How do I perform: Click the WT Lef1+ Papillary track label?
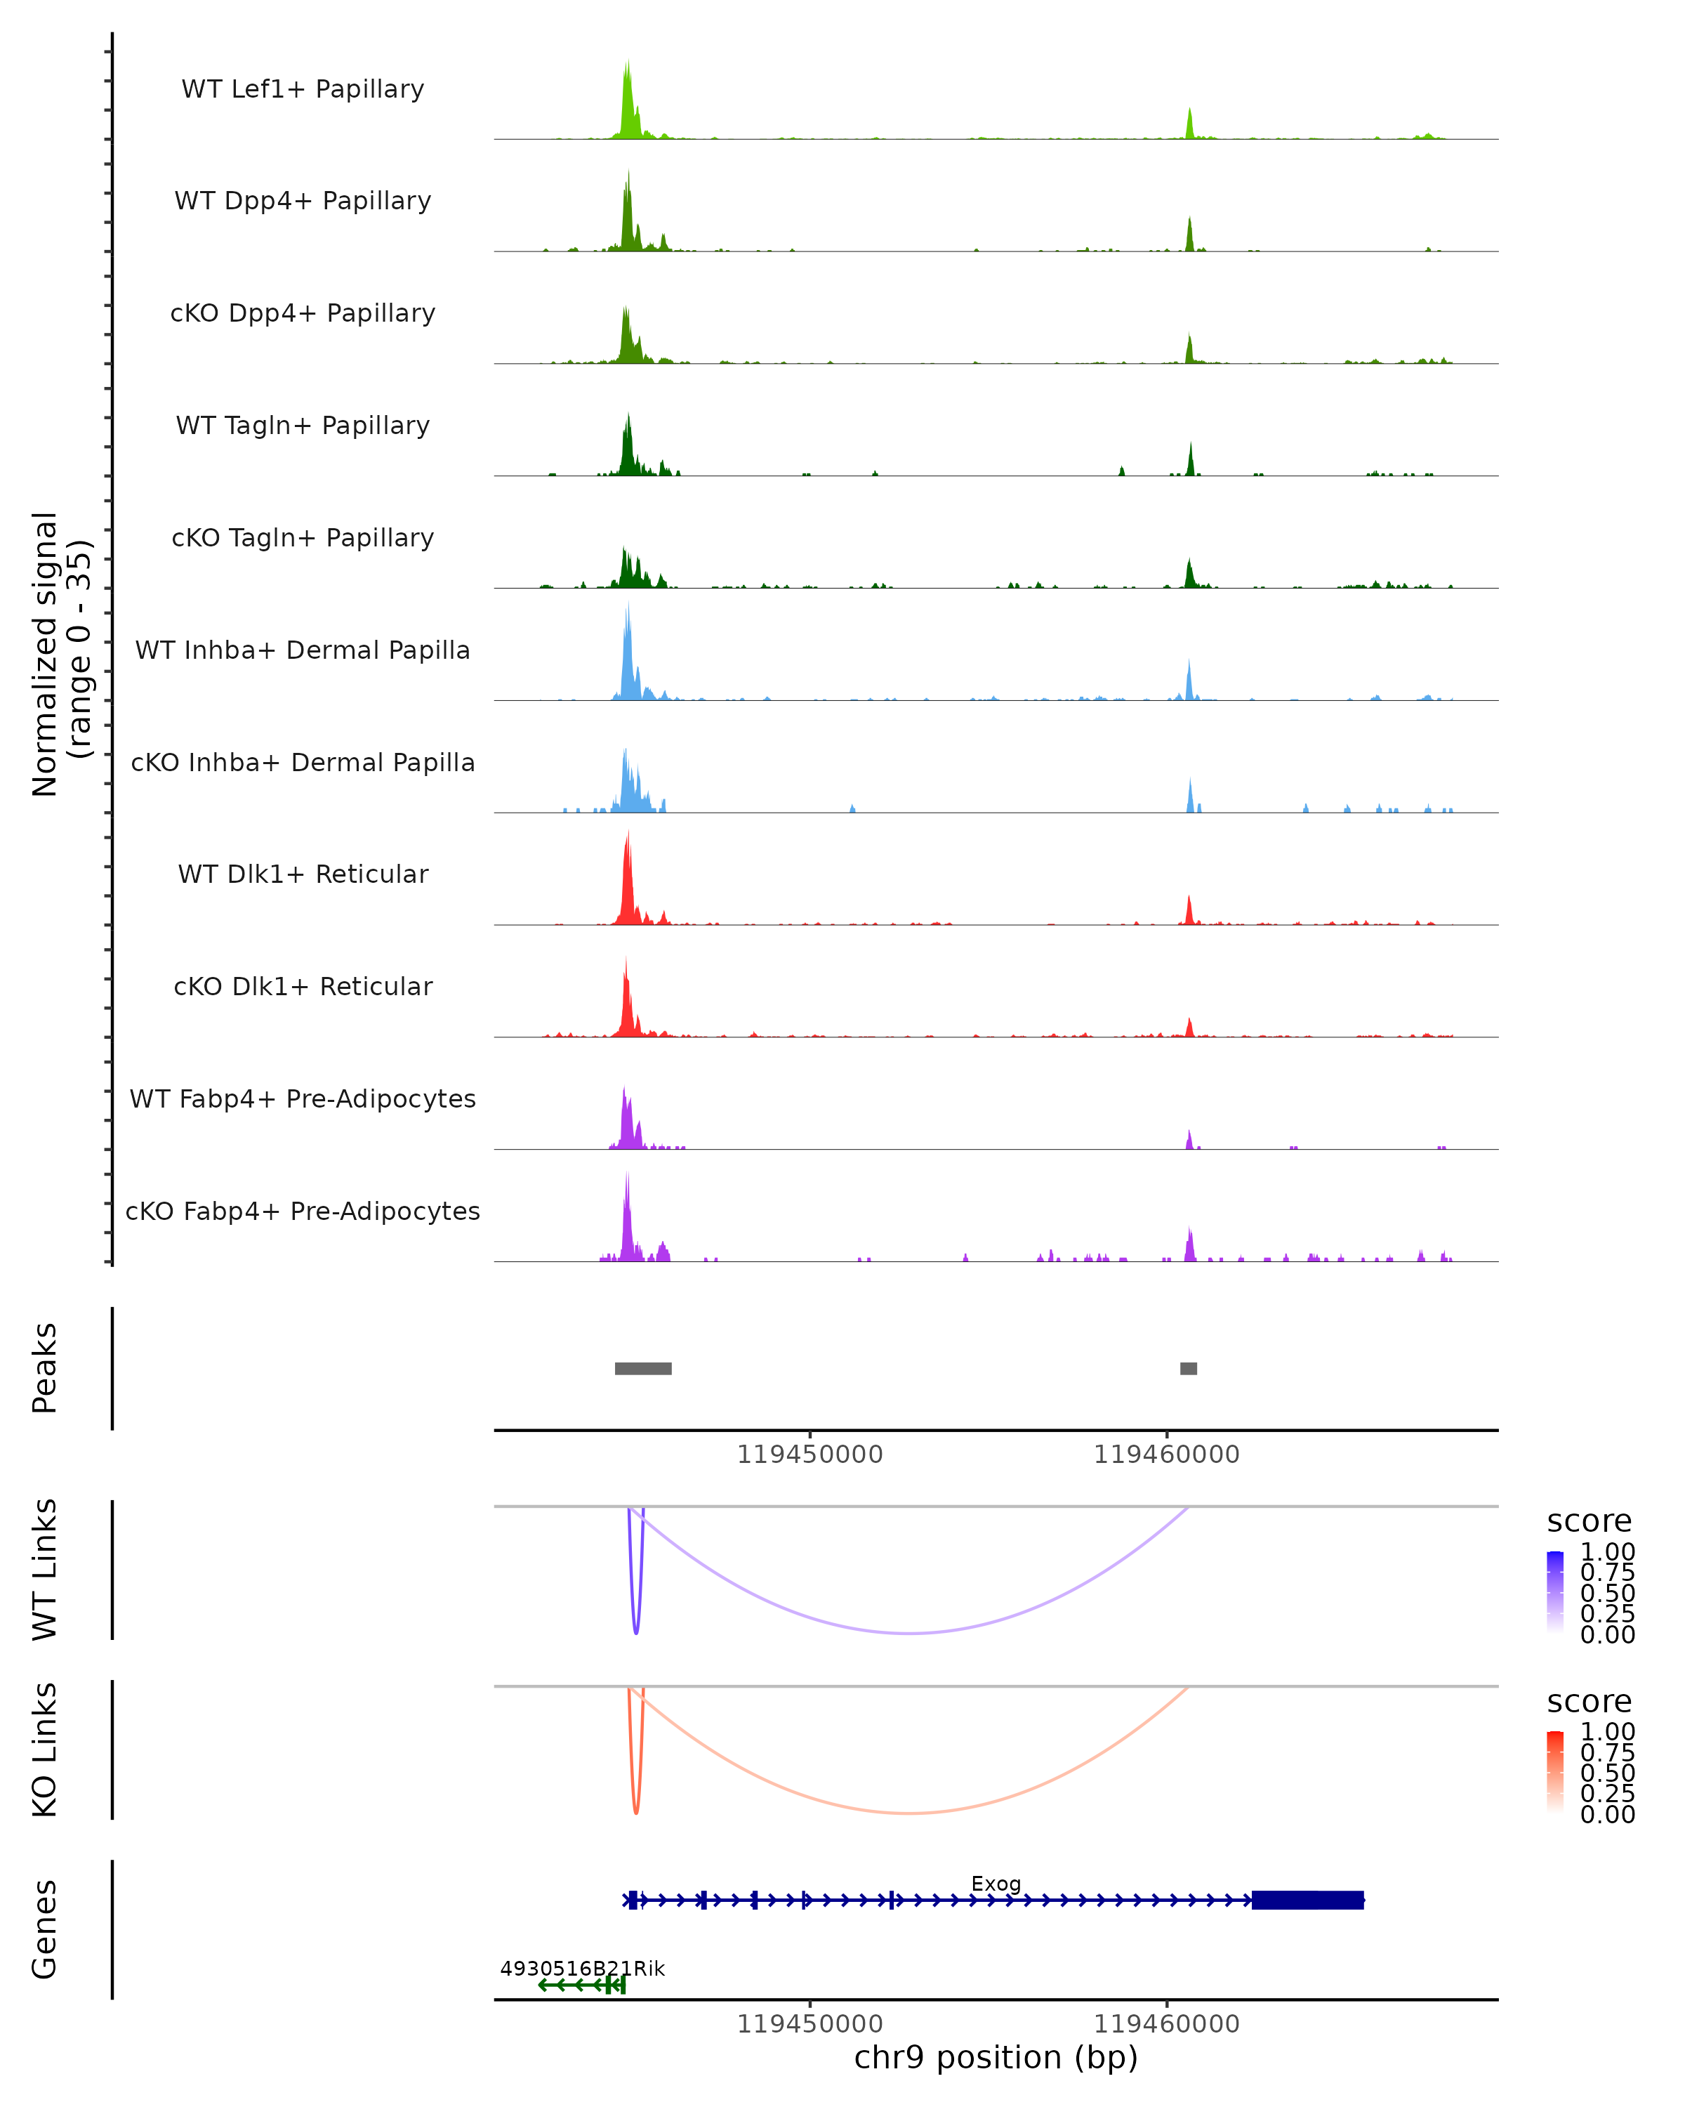point(303,89)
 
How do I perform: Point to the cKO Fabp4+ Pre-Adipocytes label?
point(303,1211)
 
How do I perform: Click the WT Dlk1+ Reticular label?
point(303,874)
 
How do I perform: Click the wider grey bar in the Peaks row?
point(642,1368)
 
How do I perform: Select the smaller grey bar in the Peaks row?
point(1188,1368)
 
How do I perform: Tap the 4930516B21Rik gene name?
point(582,1968)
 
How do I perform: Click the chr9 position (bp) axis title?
point(996,2057)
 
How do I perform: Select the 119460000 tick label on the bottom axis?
point(1166,2024)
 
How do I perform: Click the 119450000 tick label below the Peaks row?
point(810,1455)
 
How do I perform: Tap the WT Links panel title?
point(45,1568)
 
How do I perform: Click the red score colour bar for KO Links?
point(1555,1773)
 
